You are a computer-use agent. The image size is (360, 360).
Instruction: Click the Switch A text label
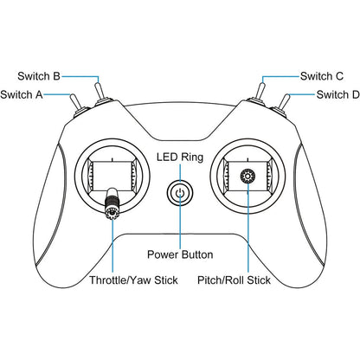[x=22, y=94]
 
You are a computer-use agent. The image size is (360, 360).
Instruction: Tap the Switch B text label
[x=39, y=76]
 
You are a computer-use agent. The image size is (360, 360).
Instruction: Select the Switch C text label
[x=322, y=76]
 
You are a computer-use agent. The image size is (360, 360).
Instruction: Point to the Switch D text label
[x=338, y=94]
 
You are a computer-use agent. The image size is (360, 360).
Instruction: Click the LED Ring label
[x=180, y=157]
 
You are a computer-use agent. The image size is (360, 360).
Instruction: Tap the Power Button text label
[x=180, y=254]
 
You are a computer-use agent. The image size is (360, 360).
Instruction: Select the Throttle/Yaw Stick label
[x=133, y=280]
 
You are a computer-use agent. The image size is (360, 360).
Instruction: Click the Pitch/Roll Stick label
[x=234, y=280]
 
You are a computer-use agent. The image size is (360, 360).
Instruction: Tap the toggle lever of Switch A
[x=75, y=102]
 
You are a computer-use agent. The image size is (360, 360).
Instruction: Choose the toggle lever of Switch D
[x=285, y=102]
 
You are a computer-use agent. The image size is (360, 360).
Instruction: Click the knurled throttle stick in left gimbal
[x=112, y=203]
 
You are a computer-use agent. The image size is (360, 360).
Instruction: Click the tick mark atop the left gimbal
[x=112, y=159]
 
